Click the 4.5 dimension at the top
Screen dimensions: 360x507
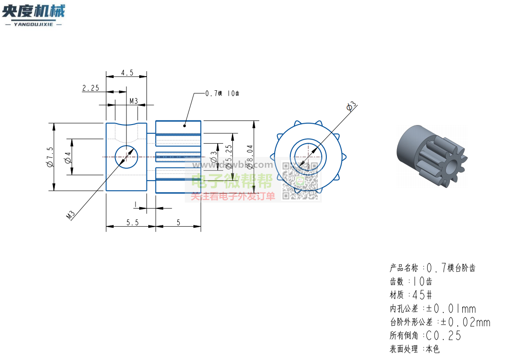click(127, 73)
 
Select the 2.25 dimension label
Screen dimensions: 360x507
click(90, 89)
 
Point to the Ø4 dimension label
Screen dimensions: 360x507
click(68, 157)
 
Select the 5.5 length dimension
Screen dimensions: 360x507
click(132, 223)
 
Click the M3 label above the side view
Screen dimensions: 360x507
click(133, 101)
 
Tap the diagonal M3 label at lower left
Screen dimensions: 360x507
click(70, 215)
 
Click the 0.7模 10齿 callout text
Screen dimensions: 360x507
click(222, 94)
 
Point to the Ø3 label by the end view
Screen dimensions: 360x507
click(351, 107)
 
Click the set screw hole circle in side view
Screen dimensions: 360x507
click(126, 157)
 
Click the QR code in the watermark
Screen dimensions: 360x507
click(300, 181)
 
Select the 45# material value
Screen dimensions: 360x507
click(423, 295)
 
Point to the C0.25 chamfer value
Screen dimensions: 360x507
click(443, 336)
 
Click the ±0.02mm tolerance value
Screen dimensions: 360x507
click(465, 323)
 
